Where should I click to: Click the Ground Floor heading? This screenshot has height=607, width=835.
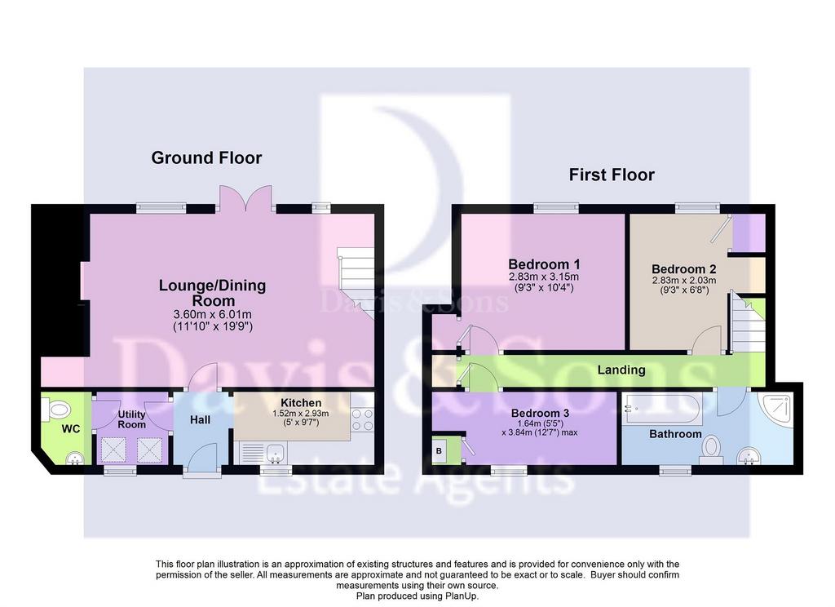coord(206,157)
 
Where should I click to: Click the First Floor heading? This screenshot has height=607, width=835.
coord(612,175)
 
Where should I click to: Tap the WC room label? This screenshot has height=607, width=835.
coord(71,429)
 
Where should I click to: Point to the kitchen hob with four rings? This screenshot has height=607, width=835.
coord(363,419)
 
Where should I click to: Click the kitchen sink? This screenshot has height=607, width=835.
coord(276,454)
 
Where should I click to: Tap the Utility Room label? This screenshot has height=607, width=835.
coord(131,419)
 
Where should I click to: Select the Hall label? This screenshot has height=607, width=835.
coord(201,420)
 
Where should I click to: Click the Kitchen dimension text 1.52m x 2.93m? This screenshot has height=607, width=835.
coord(301,414)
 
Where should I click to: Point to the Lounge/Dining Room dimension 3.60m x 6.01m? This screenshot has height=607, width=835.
coord(213,314)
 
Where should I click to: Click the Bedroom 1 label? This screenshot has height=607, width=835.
coord(544,264)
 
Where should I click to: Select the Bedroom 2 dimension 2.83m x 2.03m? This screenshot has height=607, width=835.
coord(684,281)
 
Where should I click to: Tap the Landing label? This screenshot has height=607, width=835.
coord(621,370)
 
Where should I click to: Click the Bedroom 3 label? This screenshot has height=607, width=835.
coord(540,413)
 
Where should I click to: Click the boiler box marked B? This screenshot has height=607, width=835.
coord(440,451)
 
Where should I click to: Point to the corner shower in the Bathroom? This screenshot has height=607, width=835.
coord(776,410)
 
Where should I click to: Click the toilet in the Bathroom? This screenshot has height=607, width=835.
coord(711,450)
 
